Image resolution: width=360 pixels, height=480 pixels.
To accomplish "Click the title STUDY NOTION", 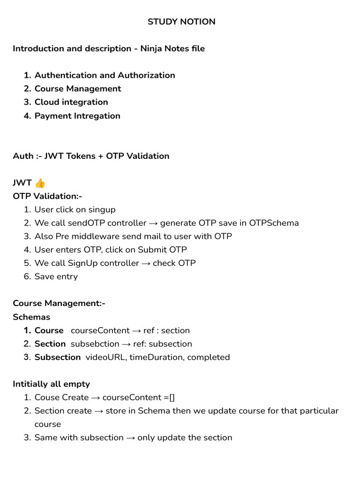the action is (x=181, y=22).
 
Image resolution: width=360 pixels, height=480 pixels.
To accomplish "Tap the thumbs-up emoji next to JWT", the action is (x=40, y=183).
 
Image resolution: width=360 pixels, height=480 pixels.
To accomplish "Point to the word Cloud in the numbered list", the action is (x=47, y=102).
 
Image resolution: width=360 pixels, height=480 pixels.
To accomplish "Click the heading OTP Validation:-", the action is (x=47, y=196).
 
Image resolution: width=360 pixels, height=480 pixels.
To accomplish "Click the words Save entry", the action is (x=56, y=277).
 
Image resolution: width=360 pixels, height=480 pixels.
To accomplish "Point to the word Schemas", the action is (x=31, y=317).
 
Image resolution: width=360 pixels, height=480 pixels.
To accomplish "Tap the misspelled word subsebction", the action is (x=95, y=344).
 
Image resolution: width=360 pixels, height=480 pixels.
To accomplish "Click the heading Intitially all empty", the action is (x=51, y=384).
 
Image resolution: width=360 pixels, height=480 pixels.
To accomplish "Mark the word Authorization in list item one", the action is (x=146, y=75).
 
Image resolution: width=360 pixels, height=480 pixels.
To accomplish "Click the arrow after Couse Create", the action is (x=95, y=397).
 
